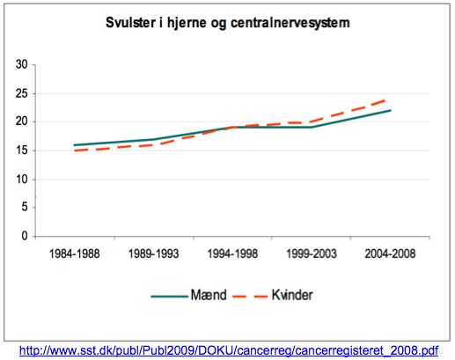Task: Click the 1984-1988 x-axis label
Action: click(x=73, y=253)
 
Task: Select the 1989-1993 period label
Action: click(x=154, y=253)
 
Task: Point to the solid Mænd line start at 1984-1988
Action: click(x=74, y=145)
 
